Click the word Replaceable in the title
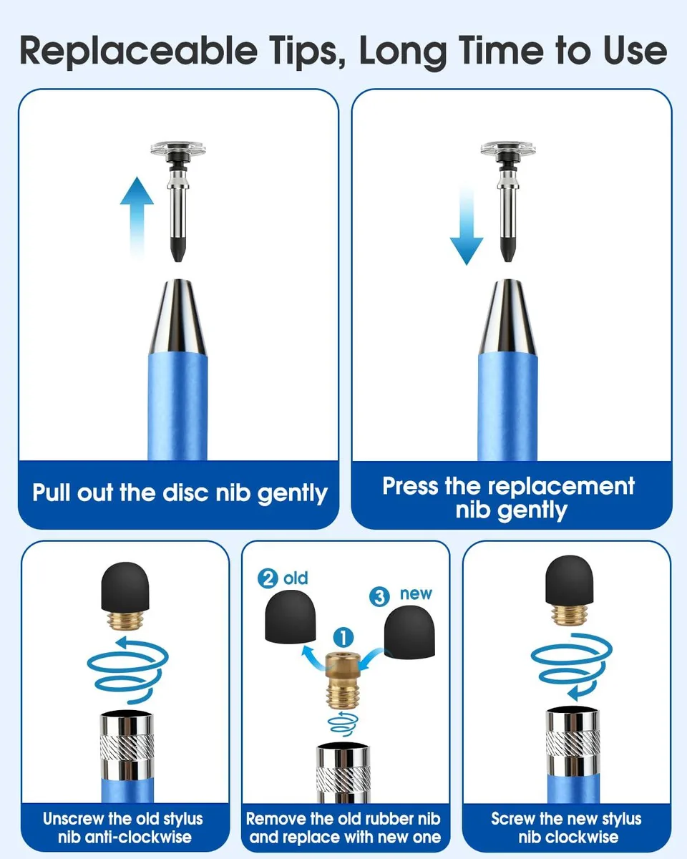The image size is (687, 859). click(x=138, y=51)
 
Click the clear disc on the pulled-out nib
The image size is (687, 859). click(x=178, y=148)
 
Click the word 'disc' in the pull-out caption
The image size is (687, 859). click(x=185, y=492)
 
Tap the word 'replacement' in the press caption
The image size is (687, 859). click(x=561, y=486)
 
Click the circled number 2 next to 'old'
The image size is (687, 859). click(x=268, y=578)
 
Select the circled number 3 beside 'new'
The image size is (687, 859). click(x=379, y=597)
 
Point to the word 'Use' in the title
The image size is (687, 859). click(x=635, y=51)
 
